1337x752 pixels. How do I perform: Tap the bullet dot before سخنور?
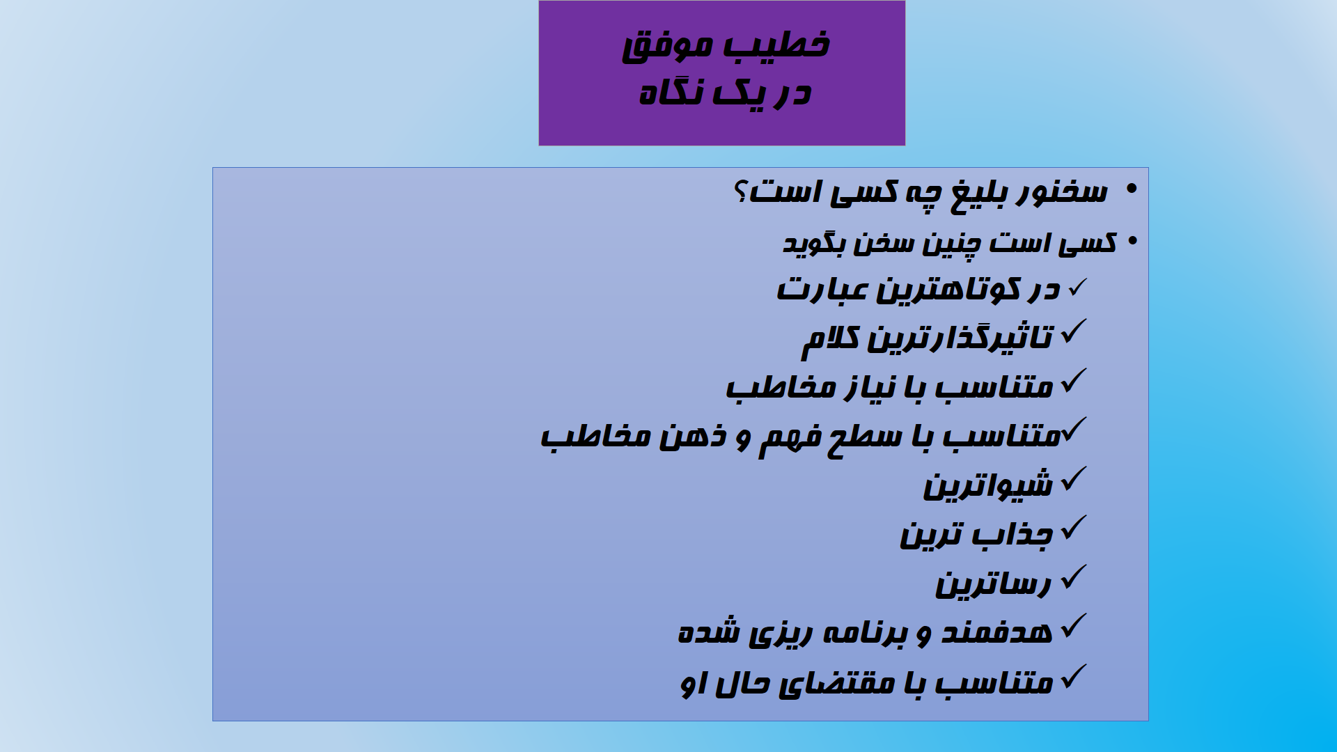(1130, 189)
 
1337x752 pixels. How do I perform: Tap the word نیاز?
(873, 387)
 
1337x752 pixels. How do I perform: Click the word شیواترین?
(987, 485)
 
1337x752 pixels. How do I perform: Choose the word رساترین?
(993, 583)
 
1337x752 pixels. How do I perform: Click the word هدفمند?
(997, 631)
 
